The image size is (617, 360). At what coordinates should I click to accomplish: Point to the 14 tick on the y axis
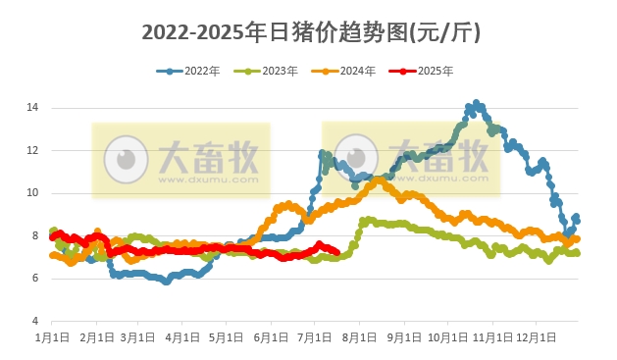(32, 107)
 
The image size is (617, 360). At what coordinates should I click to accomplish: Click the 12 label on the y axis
(32, 150)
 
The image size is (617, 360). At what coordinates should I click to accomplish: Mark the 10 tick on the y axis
(32, 192)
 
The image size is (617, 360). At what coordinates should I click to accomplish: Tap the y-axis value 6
(34, 279)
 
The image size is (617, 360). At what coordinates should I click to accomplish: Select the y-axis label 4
(34, 321)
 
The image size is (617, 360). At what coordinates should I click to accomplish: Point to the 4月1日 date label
(181, 336)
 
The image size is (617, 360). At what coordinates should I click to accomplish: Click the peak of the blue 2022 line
(477, 103)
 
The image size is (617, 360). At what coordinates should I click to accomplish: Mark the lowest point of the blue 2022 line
(167, 282)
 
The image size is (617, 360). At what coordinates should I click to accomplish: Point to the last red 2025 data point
(336, 252)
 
